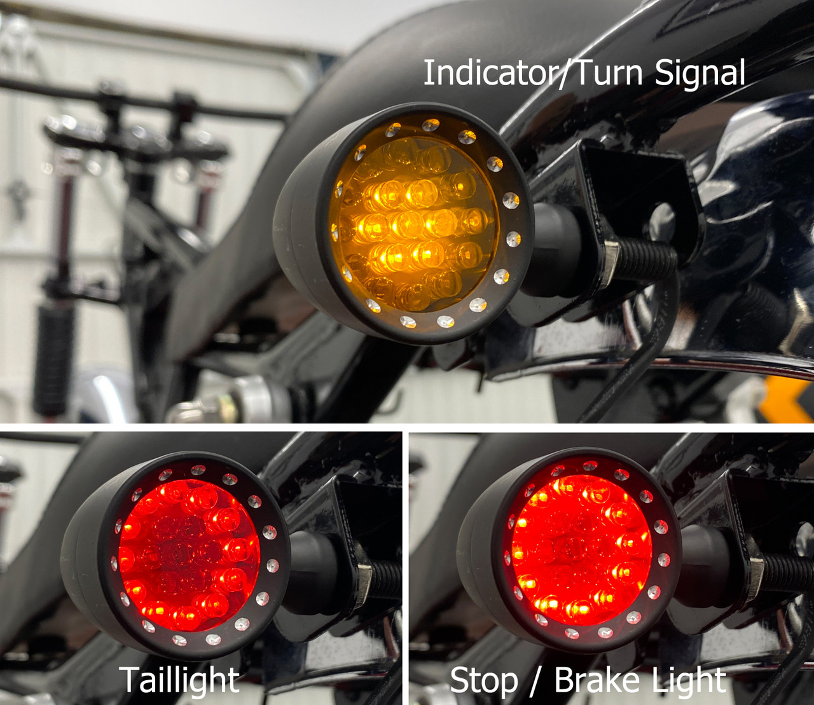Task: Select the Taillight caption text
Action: click(x=179, y=680)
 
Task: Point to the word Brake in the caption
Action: click(x=602, y=680)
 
